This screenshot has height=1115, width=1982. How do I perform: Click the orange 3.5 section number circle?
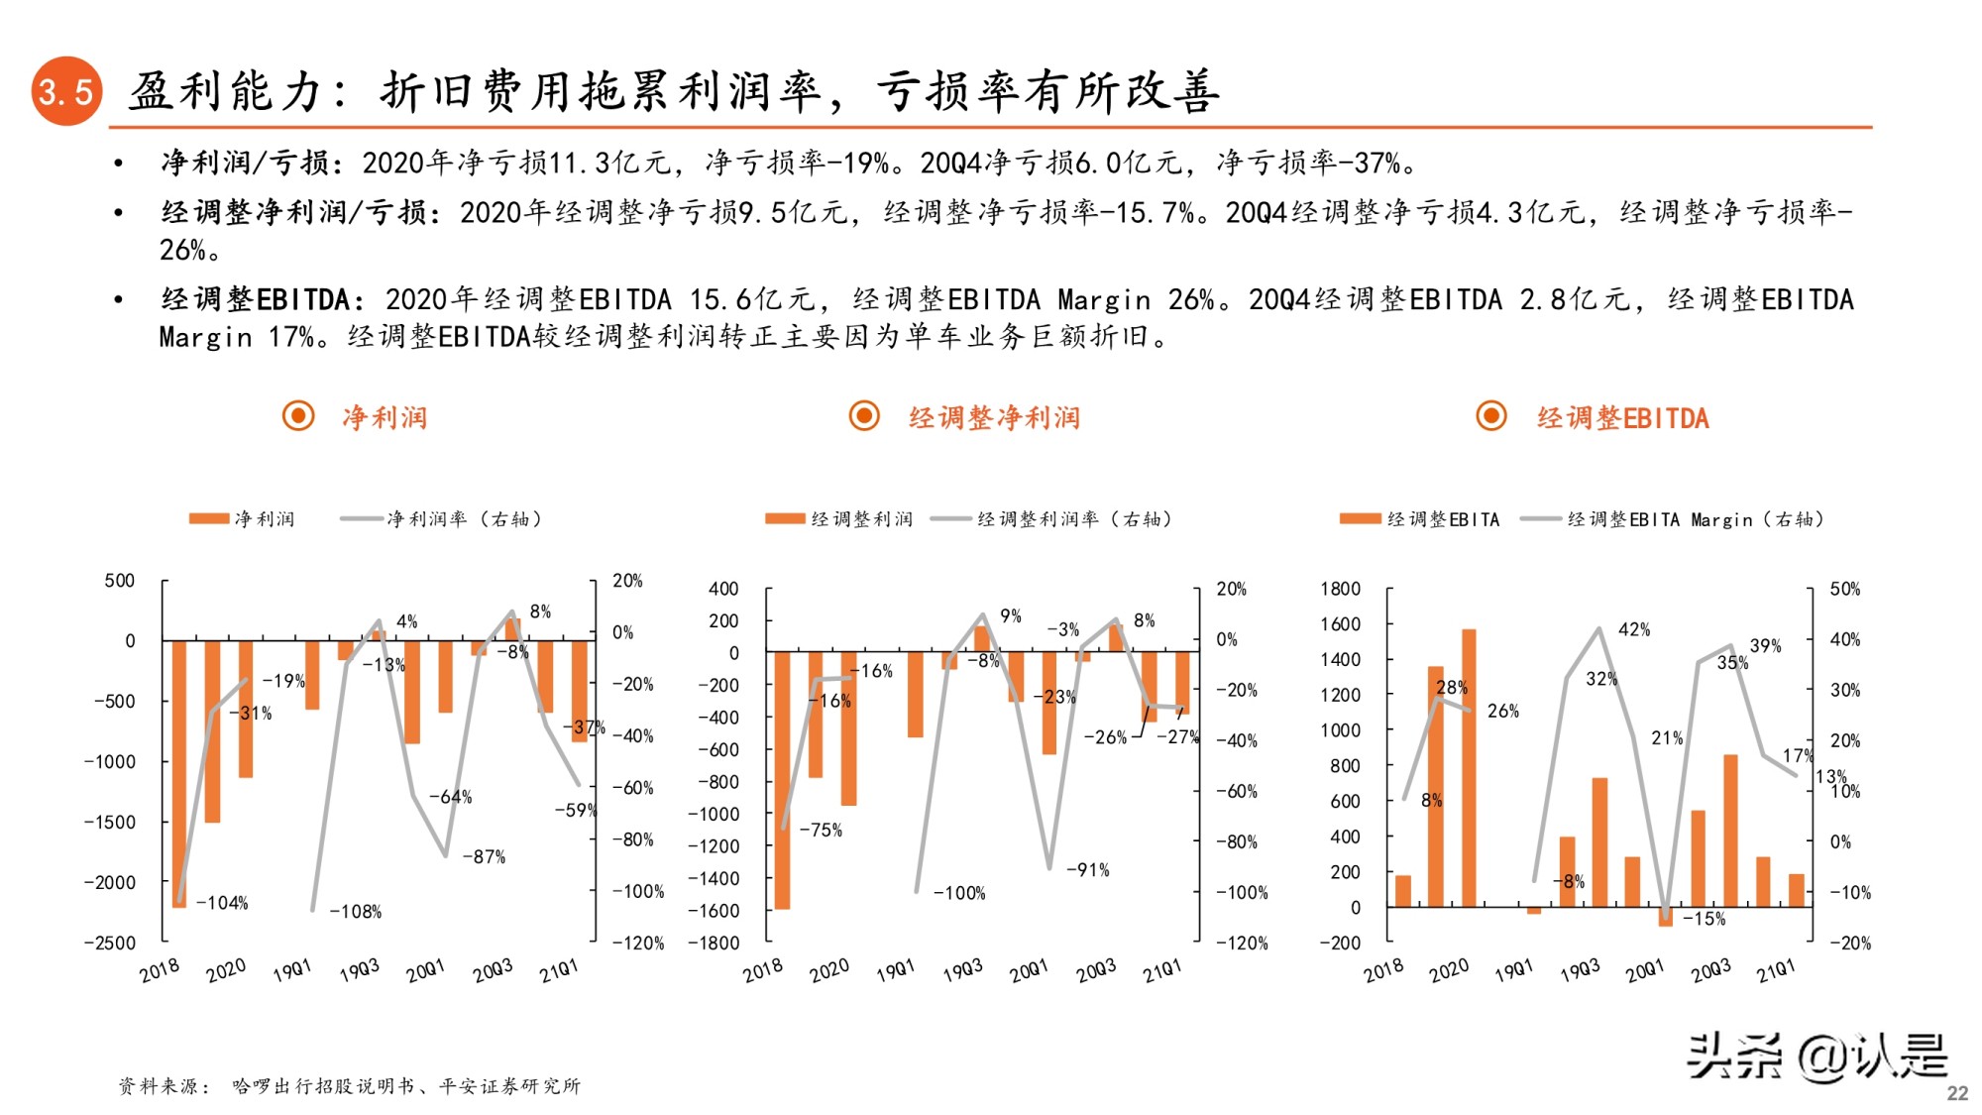pyautogui.click(x=66, y=91)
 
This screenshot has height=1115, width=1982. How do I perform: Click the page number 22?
pyautogui.click(x=1957, y=1092)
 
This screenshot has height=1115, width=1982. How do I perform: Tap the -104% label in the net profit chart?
pyautogui.click(x=222, y=903)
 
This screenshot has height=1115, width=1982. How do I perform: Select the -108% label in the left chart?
pyautogui.click(x=355, y=912)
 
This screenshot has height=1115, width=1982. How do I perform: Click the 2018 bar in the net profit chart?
pyautogui.click(x=179, y=773)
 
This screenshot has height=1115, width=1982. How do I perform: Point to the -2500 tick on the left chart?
pyautogui.click(x=109, y=943)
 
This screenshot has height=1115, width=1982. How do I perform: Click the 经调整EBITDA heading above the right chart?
pyautogui.click(x=1622, y=418)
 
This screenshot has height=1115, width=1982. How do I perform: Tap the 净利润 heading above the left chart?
pyautogui.click(x=385, y=418)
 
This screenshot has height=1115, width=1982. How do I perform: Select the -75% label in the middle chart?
pyautogui.click(x=821, y=831)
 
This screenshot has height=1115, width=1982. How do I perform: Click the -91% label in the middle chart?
pyautogui.click(x=1087, y=870)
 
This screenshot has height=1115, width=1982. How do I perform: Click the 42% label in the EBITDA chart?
pyautogui.click(x=1634, y=629)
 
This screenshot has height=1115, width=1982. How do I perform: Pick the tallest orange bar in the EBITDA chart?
pyautogui.click(x=1469, y=768)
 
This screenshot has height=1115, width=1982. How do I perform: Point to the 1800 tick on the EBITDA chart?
pyautogui.click(x=1340, y=589)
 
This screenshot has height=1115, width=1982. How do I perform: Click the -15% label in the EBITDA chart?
pyautogui.click(x=1704, y=919)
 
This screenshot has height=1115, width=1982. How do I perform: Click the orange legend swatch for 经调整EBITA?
pyautogui.click(x=1360, y=519)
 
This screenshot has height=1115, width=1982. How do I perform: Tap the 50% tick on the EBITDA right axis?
pyautogui.click(x=1844, y=589)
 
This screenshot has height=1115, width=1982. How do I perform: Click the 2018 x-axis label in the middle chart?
pyautogui.click(x=762, y=970)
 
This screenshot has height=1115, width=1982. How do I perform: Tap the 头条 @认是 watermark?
pyautogui.click(x=1817, y=1057)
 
